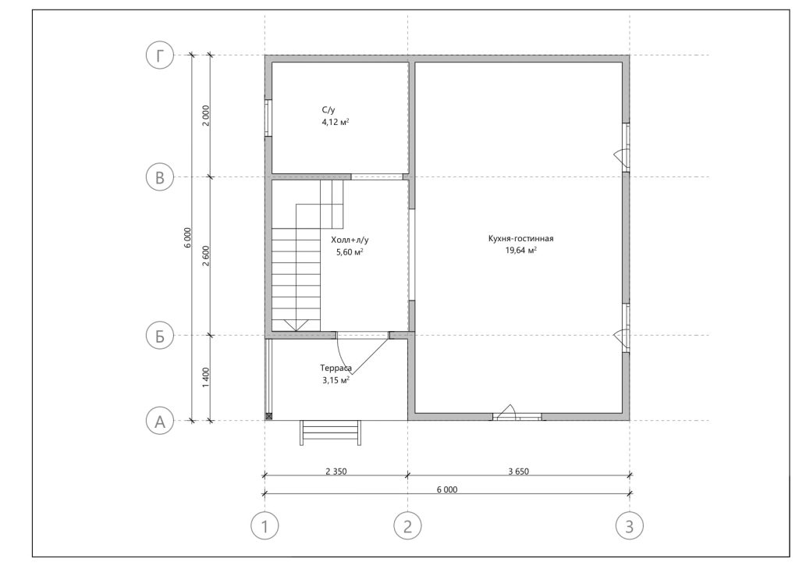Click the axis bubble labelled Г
(160, 55)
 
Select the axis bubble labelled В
(160, 177)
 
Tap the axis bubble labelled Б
(160, 336)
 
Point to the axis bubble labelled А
(160, 422)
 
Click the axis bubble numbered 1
(265, 525)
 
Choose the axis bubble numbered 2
(407, 525)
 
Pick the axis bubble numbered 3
(630, 525)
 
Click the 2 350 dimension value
(336, 472)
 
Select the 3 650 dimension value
(518, 472)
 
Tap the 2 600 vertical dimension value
(205, 256)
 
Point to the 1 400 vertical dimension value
(205, 377)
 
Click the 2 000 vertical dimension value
(205, 116)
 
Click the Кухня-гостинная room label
(520, 238)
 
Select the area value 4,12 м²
(336, 123)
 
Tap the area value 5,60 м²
(350, 252)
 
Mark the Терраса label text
(336, 368)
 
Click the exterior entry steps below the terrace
(331, 433)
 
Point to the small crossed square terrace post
(268, 417)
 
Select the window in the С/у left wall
(268, 118)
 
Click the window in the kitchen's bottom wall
(517, 417)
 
